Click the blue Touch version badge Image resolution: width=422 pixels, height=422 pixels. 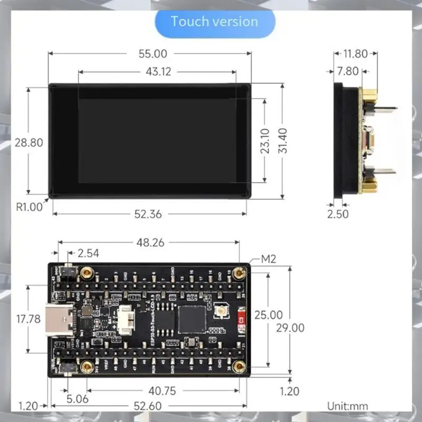point(215,22)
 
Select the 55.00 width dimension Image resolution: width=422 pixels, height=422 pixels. point(152,54)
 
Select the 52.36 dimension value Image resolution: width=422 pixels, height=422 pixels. point(148,214)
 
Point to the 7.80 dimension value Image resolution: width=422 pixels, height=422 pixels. point(347,71)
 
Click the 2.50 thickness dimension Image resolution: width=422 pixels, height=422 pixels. point(338,214)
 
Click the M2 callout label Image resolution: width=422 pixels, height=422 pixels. point(270,259)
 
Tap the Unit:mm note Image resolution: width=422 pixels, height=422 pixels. point(347,406)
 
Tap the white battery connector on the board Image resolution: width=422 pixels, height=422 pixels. point(125,320)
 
